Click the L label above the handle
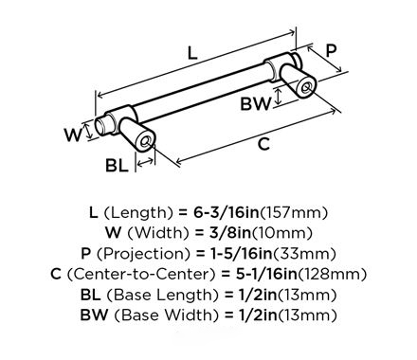(x=192, y=53)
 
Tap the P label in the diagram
(x=331, y=50)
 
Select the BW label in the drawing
(x=256, y=103)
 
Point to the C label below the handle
(x=263, y=144)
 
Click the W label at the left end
(x=73, y=135)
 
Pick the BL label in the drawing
(x=117, y=165)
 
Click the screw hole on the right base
(x=306, y=88)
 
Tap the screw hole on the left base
(x=146, y=142)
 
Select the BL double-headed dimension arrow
(x=145, y=163)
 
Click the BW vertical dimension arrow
(x=279, y=97)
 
